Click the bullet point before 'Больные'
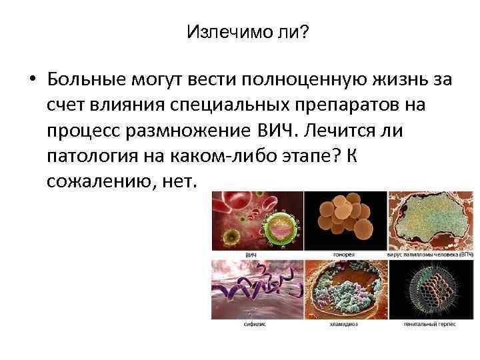31,81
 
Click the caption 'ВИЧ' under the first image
251,255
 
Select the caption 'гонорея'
344,255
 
